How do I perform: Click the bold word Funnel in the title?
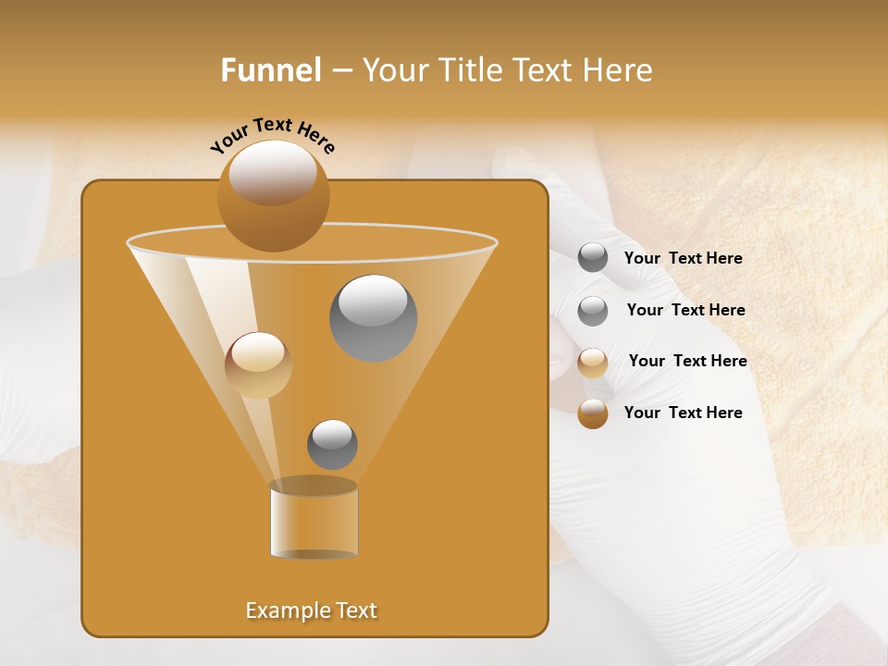coord(271,70)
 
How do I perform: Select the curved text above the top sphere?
coord(272,135)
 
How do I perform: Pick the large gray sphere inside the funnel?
coord(373,318)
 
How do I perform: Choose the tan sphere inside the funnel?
coord(258,365)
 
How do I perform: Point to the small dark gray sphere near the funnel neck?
coord(332,445)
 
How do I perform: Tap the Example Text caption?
coord(312,610)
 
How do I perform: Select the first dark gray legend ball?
coord(593,258)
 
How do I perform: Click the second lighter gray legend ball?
coord(593,311)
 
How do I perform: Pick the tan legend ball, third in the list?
coord(593,363)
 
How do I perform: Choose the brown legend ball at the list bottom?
coord(593,413)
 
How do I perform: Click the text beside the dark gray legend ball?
coord(683,259)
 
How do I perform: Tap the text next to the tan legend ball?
coord(687,362)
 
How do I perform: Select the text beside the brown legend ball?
coord(683,413)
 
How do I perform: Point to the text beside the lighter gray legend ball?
coord(685,311)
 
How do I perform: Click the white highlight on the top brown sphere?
coord(273,171)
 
